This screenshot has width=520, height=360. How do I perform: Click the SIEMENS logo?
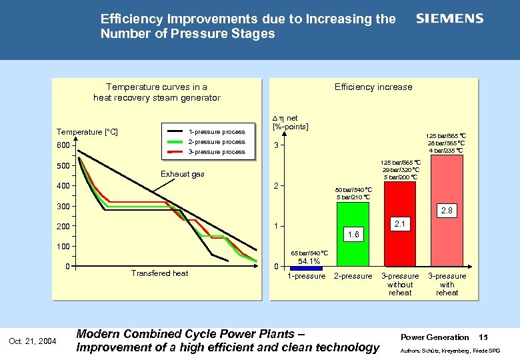pyautogui.click(x=449, y=19)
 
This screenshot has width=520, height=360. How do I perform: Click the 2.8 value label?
pyautogui.click(x=447, y=211)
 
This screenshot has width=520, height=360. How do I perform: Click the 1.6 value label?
pyautogui.click(x=353, y=235)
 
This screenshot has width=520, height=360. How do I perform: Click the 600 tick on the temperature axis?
pyautogui.click(x=63, y=146)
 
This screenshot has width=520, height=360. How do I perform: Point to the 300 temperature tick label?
pyautogui.click(x=63, y=207)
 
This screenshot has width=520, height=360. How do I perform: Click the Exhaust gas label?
pyautogui.click(x=182, y=175)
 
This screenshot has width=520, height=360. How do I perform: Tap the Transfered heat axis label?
pyautogui.click(x=159, y=273)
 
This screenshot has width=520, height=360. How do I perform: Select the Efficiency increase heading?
pyautogui.click(x=373, y=87)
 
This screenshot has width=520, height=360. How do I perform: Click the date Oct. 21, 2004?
pyautogui.click(x=33, y=342)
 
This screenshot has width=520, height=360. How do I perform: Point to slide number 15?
pyautogui.click(x=484, y=337)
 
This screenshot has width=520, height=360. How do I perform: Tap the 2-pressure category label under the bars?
pyautogui.click(x=353, y=276)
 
